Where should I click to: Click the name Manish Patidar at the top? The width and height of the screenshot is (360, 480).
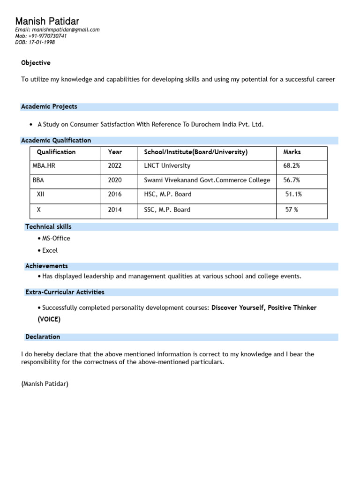pos(47,21)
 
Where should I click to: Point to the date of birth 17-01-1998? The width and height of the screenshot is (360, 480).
pos(42,42)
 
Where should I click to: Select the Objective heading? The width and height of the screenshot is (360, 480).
pos(36,63)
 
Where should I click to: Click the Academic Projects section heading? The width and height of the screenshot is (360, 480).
pos(49,106)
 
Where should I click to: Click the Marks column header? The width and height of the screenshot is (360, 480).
pos(292,152)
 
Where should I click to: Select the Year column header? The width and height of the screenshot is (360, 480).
pos(115,152)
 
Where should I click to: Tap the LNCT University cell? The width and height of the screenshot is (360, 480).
pos(167,166)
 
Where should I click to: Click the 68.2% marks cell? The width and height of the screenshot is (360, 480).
pos(292,166)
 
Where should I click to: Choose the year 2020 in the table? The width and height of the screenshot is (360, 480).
pos(115,180)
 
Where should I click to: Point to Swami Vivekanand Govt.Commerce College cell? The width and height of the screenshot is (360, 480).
pos(207,180)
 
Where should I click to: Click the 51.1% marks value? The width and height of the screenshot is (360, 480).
pos(293,194)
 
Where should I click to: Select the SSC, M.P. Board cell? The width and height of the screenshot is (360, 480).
pos(167,210)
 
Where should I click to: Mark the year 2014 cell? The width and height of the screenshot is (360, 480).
pos(115,210)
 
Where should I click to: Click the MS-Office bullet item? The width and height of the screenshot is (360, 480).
pos(56,238)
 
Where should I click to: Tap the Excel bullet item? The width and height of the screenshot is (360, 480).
pos(50,250)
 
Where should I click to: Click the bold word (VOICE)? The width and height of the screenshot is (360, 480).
pos(49,319)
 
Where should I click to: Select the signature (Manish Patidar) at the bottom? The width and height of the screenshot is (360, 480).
pos(45,384)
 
